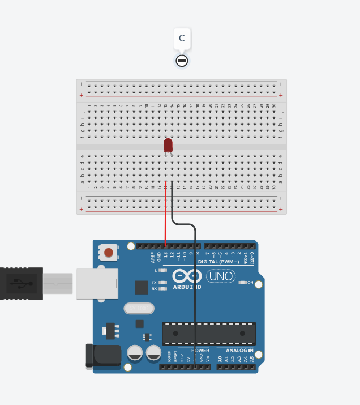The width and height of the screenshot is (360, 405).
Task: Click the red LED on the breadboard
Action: click(168, 145)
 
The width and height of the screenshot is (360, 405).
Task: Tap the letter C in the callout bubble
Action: click(182, 39)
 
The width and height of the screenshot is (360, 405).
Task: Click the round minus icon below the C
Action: click(182, 61)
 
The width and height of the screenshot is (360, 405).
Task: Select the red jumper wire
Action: click(166, 215)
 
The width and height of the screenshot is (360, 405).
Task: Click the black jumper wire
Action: click(195, 283)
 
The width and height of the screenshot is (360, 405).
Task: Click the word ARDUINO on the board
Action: click(187, 287)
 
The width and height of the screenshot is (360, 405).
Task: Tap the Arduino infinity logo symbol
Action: click(187, 276)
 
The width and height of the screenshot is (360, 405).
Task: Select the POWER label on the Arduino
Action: click(200, 351)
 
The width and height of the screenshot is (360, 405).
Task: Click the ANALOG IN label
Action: click(239, 351)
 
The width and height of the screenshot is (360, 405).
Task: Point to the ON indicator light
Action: click(243, 282)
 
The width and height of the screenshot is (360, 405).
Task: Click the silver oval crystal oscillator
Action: click(139, 308)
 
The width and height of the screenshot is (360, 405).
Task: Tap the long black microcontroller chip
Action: click(208, 334)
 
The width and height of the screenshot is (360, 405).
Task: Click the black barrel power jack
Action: click(102, 355)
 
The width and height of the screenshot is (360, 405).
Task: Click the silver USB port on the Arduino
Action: click(97, 283)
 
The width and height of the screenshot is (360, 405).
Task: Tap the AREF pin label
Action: click(152, 258)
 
